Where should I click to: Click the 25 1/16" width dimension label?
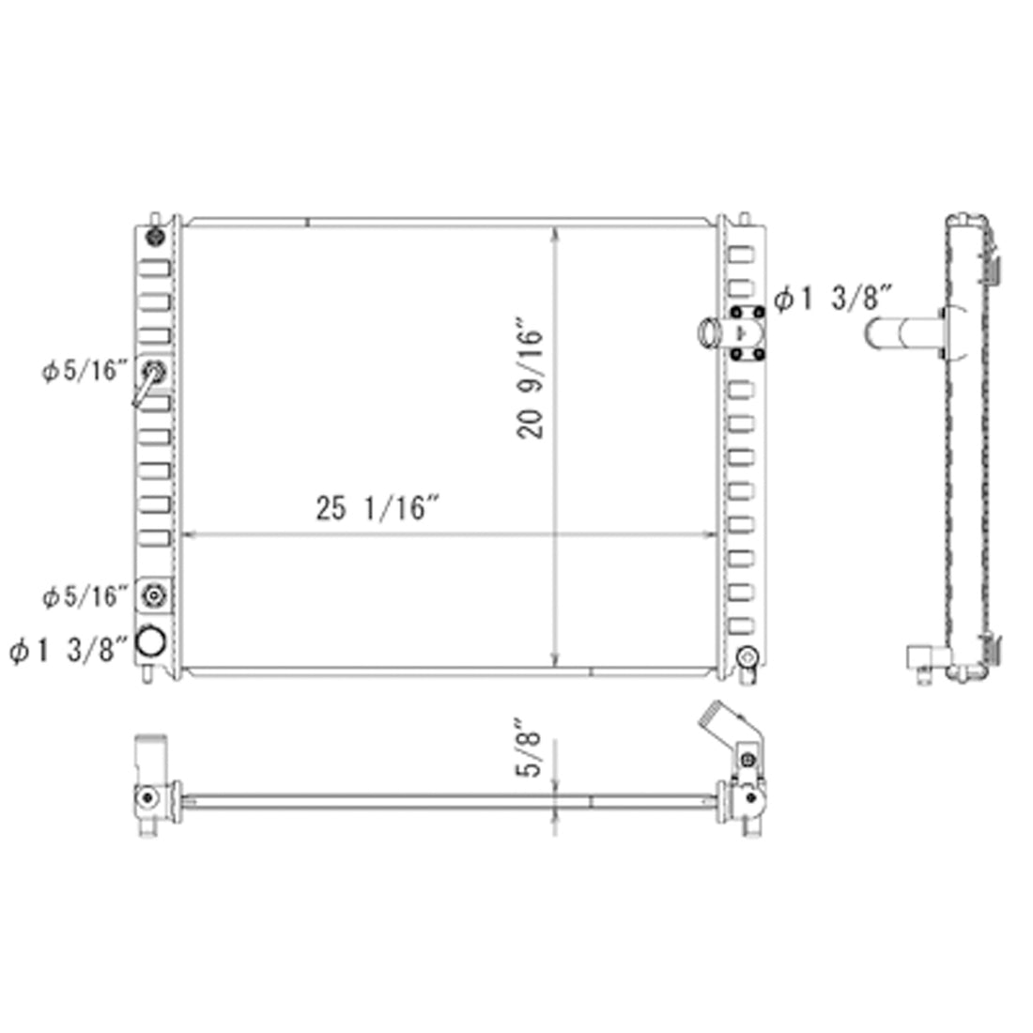point(377,508)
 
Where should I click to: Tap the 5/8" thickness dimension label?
point(529,748)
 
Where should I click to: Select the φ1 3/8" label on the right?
point(833,299)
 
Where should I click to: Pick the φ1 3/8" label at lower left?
point(68,650)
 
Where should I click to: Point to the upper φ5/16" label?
point(84,371)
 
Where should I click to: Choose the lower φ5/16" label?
point(84,597)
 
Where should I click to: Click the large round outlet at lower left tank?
point(150,641)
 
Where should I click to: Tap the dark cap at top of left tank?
point(155,236)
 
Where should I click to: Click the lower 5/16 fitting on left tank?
point(154,595)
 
